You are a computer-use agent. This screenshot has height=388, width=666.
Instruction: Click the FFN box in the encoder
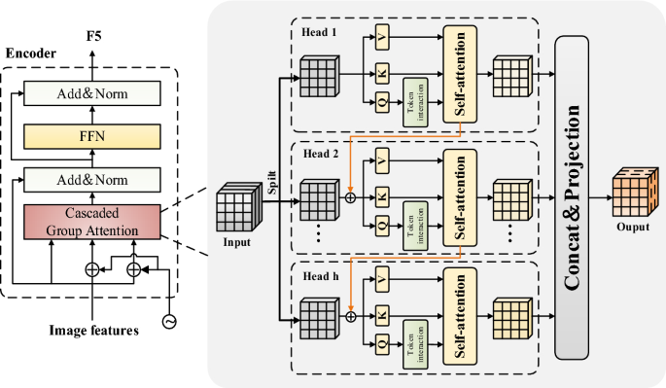[x=91, y=136]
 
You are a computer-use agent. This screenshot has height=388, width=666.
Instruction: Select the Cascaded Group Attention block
[x=91, y=222]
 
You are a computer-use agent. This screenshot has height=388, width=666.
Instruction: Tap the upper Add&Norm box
[x=91, y=94]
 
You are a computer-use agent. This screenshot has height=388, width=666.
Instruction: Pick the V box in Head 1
[x=383, y=42]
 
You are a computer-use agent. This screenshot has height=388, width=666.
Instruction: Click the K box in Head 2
[x=383, y=195]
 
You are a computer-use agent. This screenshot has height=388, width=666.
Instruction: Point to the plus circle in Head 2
[x=348, y=195]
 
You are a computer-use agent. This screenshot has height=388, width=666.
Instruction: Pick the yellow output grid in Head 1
[x=513, y=73]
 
